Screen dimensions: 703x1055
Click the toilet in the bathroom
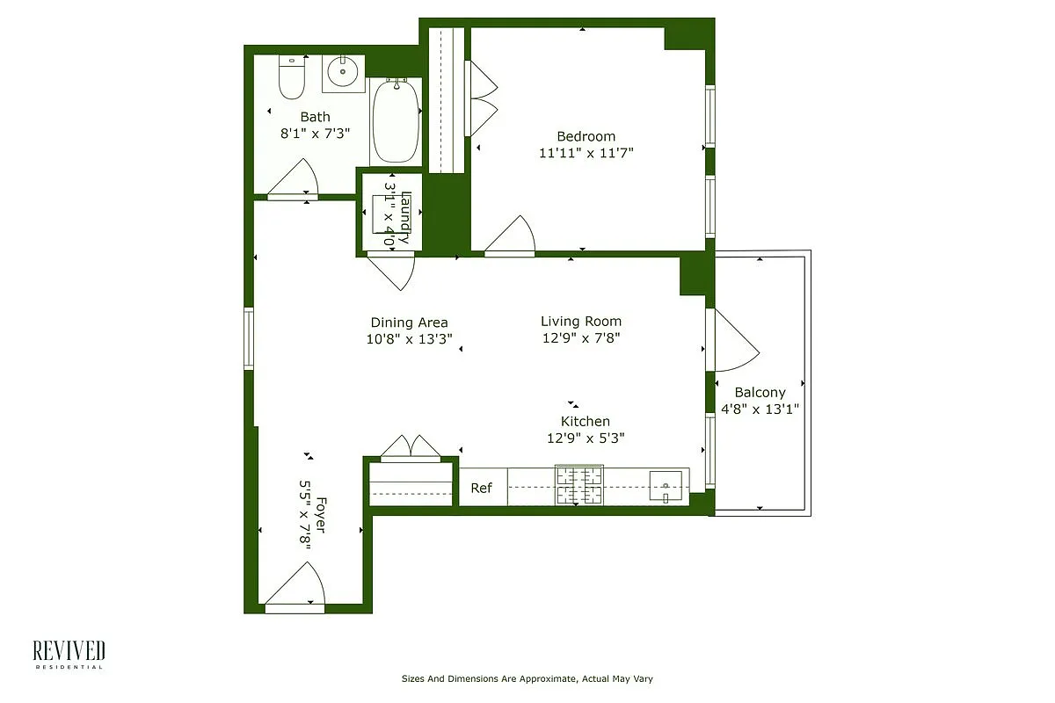coord(291,77)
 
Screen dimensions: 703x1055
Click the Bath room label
coord(315,117)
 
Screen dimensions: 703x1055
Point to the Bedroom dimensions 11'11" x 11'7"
coord(586,153)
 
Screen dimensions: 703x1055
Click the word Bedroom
coord(586,136)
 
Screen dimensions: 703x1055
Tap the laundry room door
coord(392,269)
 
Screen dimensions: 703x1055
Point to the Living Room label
coord(580,322)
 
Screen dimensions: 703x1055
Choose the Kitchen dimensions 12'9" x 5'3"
coord(586,438)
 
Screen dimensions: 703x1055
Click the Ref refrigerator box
coord(482,488)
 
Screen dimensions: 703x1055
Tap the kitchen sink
coord(666,484)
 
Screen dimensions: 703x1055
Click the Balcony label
coord(760,393)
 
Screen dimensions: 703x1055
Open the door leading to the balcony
coord(733,341)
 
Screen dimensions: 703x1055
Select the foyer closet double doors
coord(411,447)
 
